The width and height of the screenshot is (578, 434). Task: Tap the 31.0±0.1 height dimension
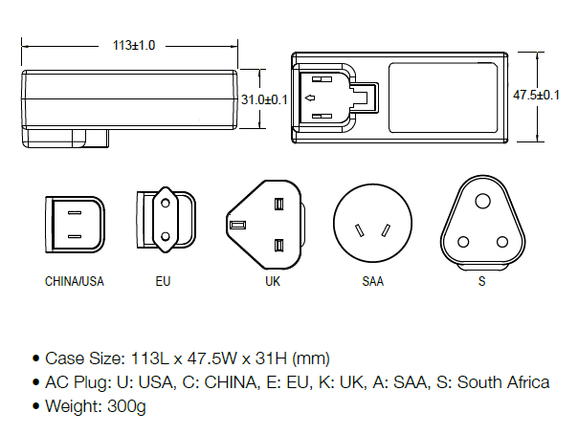(264, 98)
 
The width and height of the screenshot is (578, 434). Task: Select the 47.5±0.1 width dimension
(536, 95)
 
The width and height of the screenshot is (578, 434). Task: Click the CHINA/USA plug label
(75, 282)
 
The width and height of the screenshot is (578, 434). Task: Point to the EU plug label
(164, 282)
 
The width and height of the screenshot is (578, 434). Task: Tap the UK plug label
(273, 282)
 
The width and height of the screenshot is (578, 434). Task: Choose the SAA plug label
(372, 282)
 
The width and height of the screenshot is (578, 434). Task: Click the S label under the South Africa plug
(481, 282)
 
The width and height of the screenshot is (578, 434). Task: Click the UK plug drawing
(267, 225)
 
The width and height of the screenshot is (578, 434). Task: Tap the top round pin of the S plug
(481, 201)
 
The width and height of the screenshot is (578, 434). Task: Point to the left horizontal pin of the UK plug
(238, 225)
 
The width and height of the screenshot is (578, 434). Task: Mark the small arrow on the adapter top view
(309, 98)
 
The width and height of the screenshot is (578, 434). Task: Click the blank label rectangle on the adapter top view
(444, 96)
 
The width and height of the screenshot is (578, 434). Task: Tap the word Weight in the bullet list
(70, 405)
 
